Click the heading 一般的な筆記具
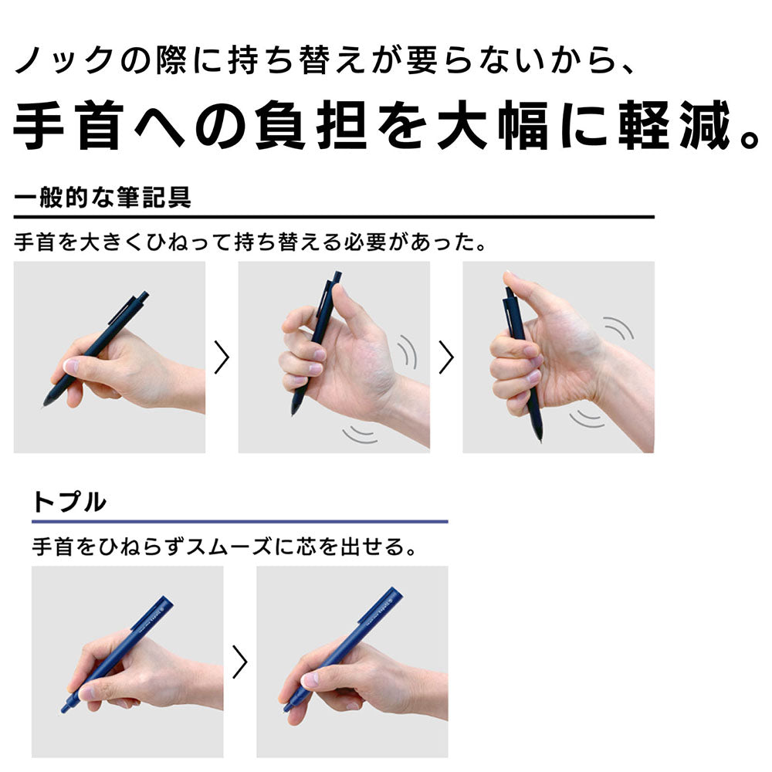point(103,197)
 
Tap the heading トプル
point(69,502)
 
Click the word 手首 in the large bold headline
point(69,125)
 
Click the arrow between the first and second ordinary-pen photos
point(222,357)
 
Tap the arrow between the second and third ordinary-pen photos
point(446,357)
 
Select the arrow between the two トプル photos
point(240,662)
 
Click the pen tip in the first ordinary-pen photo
point(46,403)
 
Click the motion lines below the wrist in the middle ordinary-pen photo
point(361,433)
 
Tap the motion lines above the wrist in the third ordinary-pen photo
point(618,327)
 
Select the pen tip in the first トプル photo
point(65,709)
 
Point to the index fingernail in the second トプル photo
point(310,680)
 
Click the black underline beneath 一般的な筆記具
point(334,217)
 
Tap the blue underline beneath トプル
point(240,521)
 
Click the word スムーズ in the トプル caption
point(229,547)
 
